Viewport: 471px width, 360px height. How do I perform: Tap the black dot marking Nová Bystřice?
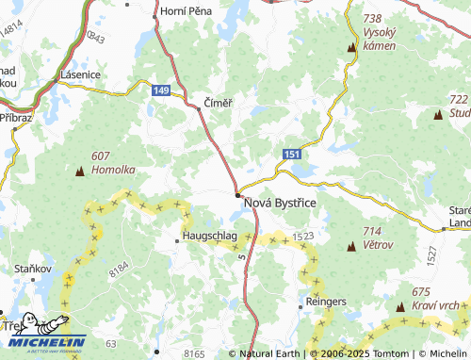coord(236,195)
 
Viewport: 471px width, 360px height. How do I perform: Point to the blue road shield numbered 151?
coord(292,153)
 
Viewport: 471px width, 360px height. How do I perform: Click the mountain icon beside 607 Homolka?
coord(79,172)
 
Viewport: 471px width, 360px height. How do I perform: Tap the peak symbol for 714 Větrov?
coord(351,247)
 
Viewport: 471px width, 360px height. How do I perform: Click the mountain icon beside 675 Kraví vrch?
coord(400,307)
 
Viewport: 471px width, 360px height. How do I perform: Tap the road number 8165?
coord(194,353)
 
